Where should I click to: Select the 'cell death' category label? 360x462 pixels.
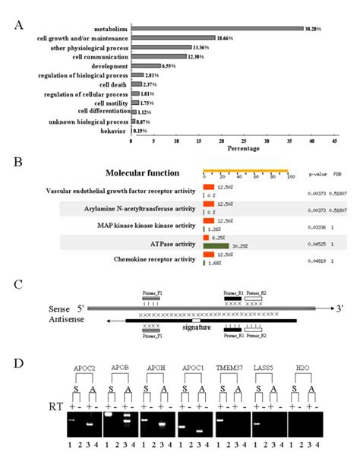112,84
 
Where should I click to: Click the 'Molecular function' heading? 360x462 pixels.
143,173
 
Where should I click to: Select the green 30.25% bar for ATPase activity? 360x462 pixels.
216,225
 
